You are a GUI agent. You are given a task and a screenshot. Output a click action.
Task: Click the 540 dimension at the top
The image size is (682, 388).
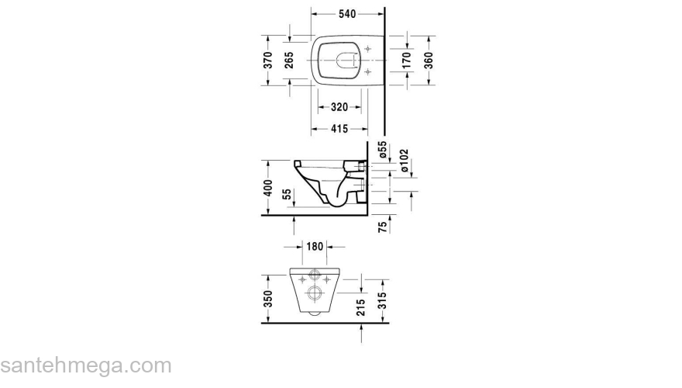tap(347, 13)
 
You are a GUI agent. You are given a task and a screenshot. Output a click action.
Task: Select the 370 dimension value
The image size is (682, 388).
tap(267, 61)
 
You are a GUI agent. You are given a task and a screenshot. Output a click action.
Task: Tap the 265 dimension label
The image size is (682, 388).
tap(288, 61)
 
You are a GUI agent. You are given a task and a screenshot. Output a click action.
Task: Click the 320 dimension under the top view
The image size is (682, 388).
tap(335, 107)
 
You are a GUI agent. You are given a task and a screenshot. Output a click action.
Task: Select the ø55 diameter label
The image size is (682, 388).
tap(382, 150)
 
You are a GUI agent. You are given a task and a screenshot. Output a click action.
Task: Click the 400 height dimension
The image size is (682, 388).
tap(267, 188)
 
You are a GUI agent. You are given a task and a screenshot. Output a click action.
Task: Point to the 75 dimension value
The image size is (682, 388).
tap(382, 227)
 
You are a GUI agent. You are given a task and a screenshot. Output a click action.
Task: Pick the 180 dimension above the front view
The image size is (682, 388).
tap(315, 248)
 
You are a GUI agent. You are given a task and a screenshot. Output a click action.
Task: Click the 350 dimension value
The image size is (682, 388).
tap(267, 299)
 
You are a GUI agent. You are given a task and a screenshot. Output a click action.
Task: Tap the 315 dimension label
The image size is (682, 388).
tap(383, 299)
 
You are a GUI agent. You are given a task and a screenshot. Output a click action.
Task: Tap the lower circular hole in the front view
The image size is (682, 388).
tap(315, 293)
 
